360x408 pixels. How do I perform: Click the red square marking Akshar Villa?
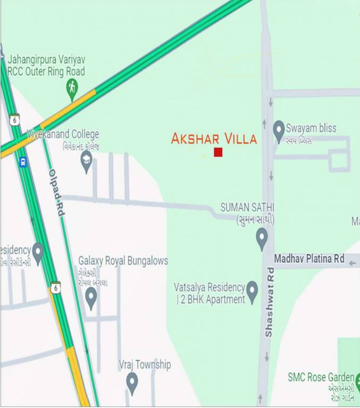(218, 152)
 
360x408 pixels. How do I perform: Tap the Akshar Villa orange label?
(214, 139)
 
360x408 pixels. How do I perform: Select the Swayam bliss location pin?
(279, 130)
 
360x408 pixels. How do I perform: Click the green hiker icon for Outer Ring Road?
(72, 88)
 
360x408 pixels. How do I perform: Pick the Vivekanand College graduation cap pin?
(87, 160)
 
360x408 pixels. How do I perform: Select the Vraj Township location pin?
(132, 381)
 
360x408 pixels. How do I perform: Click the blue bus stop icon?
(23, 162)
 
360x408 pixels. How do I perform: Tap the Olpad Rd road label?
(57, 192)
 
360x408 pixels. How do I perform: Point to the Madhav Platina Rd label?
(309, 259)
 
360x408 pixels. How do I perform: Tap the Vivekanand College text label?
(63, 134)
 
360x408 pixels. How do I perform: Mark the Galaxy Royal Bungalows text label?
(123, 261)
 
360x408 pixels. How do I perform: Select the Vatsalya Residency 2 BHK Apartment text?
(210, 293)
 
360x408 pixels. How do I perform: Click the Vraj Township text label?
(145, 365)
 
